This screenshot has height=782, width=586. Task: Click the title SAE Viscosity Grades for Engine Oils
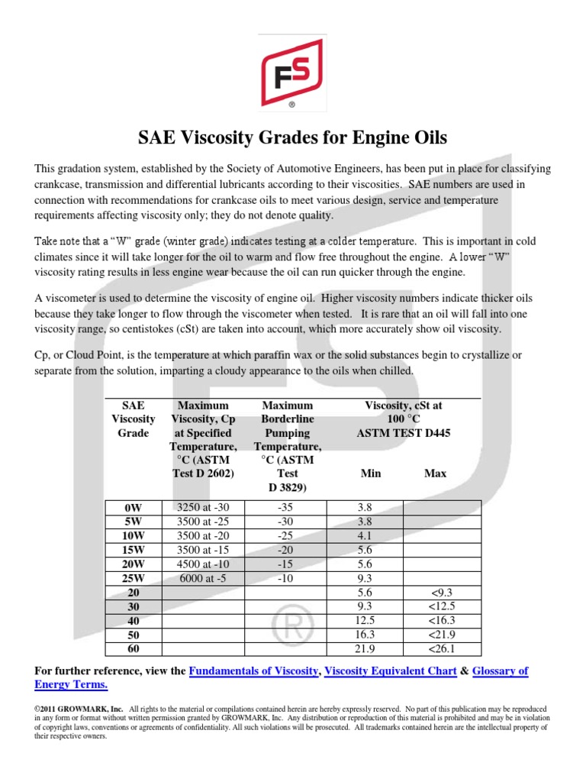pos(292,138)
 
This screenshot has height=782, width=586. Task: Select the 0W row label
pos(133,507)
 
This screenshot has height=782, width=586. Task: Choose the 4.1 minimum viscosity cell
pos(364,535)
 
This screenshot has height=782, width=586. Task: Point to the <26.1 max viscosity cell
pos(442,649)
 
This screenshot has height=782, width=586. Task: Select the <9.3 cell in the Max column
pos(442,592)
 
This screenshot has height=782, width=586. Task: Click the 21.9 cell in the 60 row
pos(364,649)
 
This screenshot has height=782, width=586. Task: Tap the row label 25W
pos(133,578)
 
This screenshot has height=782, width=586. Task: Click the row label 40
pos(133,621)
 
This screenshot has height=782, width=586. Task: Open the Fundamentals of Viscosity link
pos(253,671)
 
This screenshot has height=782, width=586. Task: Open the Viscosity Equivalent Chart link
pos(391,671)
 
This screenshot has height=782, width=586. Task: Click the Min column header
pos(370,473)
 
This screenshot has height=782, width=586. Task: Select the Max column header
pos(435,473)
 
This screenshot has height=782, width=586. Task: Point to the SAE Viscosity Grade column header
pos(133,419)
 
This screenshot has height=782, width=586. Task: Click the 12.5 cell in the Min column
pos(364,621)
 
